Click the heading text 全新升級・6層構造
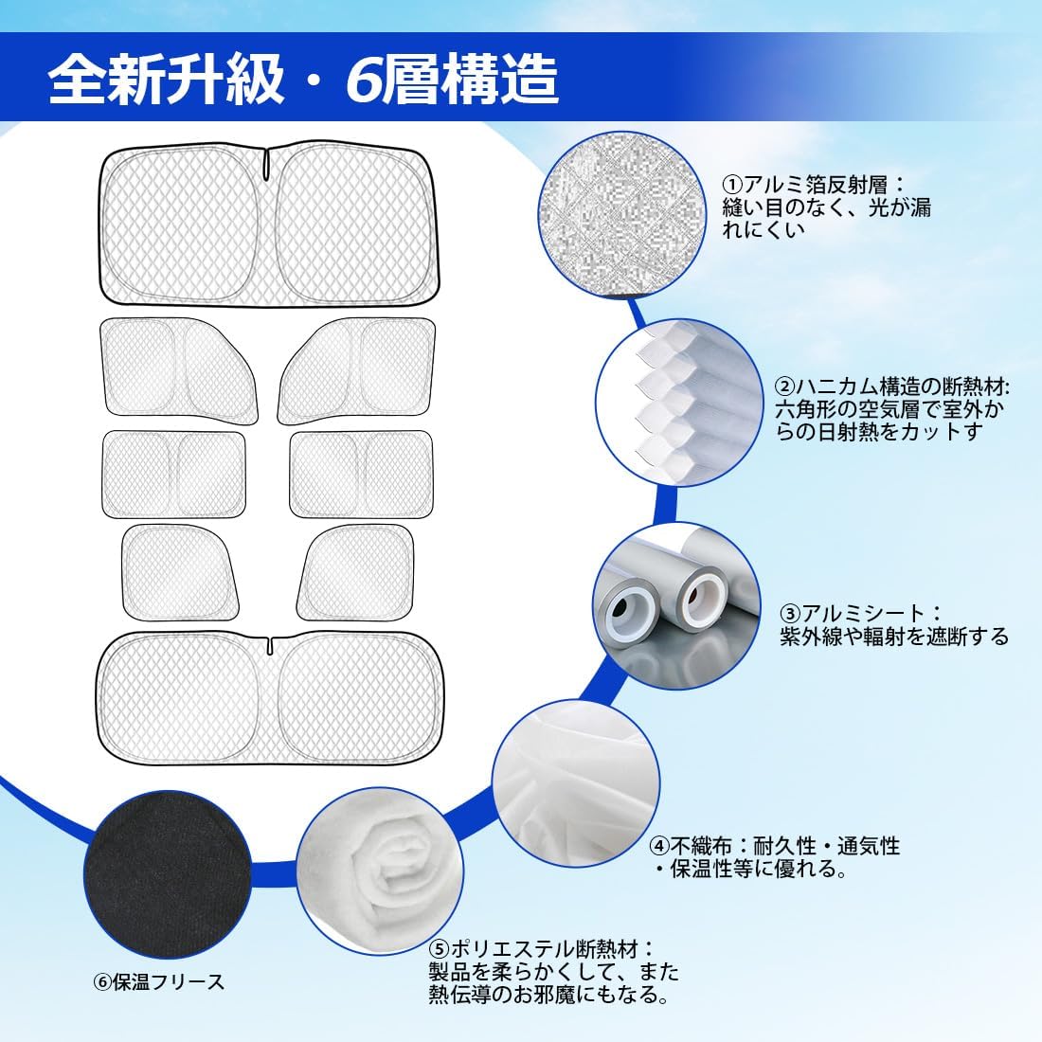click(303, 79)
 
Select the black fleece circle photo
click(168, 873)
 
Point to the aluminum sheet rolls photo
click(676, 605)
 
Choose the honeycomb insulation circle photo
click(679, 403)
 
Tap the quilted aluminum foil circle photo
click(622, 214)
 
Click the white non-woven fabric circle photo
click(576, 782)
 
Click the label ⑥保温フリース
click(159, 981)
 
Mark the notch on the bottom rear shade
click(270, 644)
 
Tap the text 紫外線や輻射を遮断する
click(894, 636)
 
